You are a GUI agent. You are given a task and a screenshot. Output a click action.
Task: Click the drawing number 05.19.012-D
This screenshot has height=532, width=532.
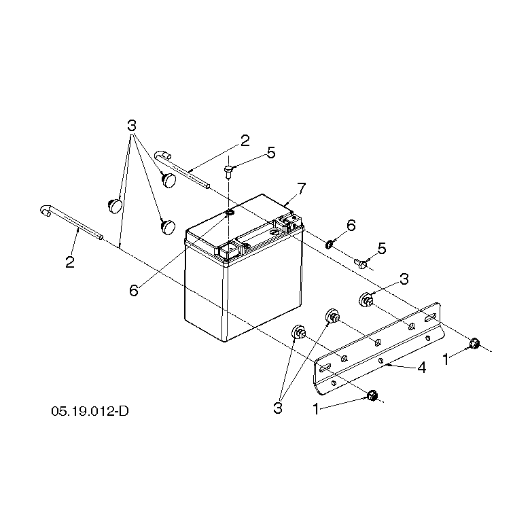[90, 411]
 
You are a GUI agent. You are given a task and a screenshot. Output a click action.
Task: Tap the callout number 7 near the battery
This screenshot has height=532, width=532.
[301, 189]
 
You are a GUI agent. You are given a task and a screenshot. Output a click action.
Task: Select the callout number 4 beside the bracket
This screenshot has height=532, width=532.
[421, 368]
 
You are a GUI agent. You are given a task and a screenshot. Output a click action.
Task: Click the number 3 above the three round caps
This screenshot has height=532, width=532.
[132, 126]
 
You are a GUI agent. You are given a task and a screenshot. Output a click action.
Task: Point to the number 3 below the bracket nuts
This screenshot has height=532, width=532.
[278, 408]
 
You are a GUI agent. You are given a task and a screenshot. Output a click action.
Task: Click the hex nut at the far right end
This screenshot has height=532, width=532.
[474, 344]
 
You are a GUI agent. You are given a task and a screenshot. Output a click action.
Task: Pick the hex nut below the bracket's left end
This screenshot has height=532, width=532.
[372, 395]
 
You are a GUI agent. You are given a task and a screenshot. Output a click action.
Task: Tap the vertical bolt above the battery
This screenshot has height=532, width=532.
[228, 171]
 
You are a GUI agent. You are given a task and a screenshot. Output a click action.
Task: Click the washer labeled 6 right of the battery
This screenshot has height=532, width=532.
[328, 244]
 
